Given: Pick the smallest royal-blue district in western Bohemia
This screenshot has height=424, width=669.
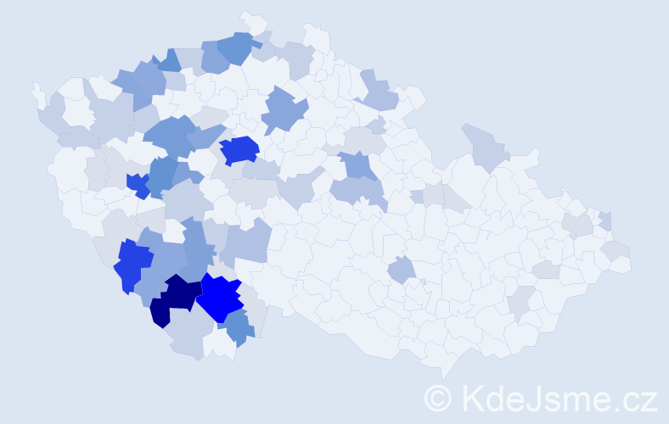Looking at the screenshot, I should (138, 184).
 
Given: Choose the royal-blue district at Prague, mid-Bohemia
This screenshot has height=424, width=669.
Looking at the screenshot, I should (239, 149).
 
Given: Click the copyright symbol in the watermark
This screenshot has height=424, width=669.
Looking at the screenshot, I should (439, 398).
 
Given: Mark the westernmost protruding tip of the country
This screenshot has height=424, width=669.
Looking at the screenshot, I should (34, 87).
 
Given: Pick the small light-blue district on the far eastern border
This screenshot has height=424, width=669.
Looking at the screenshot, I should (605, 221).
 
